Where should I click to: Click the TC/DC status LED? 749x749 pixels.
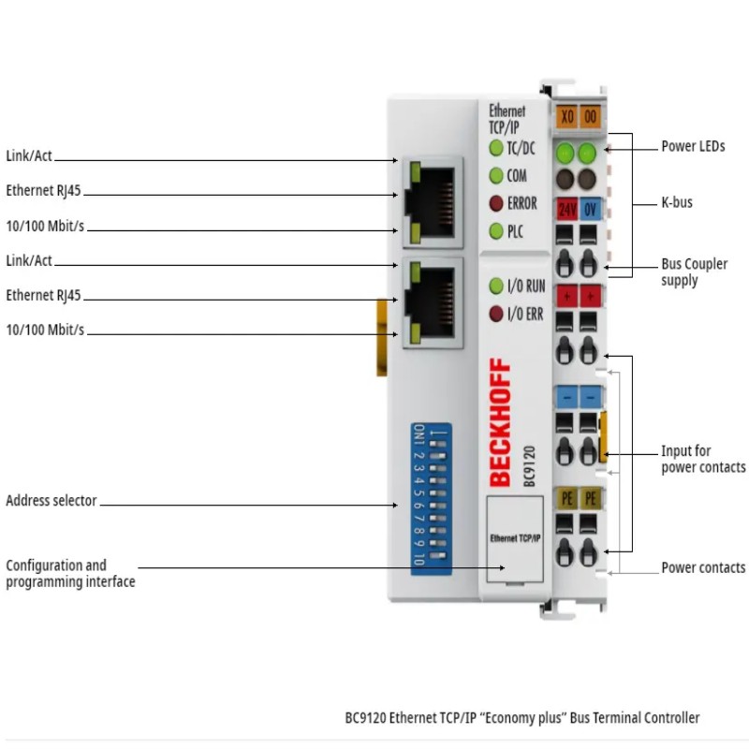[x=496, y=148]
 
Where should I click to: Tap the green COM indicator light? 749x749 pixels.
[x=496, y=176]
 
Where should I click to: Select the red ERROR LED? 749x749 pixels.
[x=496, y=203]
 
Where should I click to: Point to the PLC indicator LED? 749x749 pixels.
[x=496, y=231]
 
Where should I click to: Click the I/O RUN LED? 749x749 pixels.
[x=496, y=286]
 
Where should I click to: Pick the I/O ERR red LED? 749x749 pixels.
[x=496, y=314]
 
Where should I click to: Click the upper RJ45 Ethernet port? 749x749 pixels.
[x=433, y=202]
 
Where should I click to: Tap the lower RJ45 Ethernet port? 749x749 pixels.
[x=433, y=302]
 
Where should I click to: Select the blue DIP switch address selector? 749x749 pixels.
[x=431, y=499]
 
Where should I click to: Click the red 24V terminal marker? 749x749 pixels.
[x=567, y=209]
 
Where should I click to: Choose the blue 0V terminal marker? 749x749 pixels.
[x=591, y=209]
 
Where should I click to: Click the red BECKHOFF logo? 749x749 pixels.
[x=500, y=422]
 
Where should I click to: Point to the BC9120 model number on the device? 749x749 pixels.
[x=529, y=466]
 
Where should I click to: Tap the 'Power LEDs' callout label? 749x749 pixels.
[x=693, y=146]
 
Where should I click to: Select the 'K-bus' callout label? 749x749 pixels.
[x=677, y=202]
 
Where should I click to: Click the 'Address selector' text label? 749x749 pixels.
[x=51, y=500]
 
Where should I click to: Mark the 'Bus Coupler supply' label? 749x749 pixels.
[x=694, y=272]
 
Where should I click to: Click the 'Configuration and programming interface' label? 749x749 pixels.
[x=70, y=573]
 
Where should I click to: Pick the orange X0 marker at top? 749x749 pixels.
[x=567, y=116]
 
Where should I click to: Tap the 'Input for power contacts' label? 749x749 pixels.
[x=703, y=459]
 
